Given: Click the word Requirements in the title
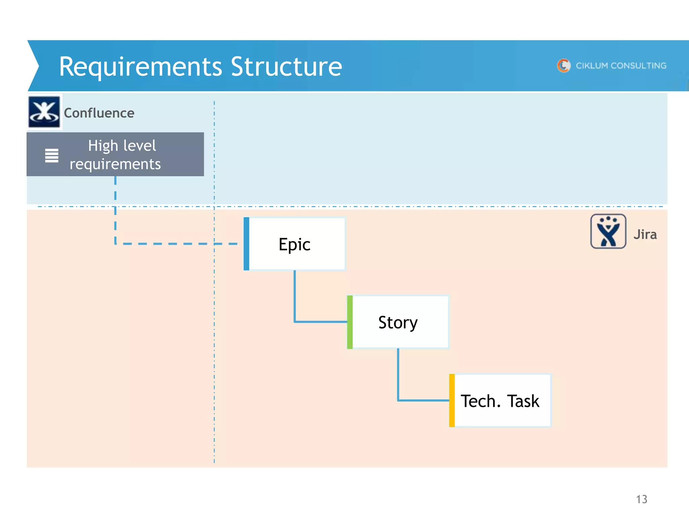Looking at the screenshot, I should click(x=140, y=67).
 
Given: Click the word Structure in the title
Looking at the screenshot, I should click(x=286, y=66).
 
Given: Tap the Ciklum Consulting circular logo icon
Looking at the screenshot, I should click(x=564, y=66).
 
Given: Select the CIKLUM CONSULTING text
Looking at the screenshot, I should click(x=621, y=66).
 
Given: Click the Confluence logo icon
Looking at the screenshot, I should click(x=44, y=112).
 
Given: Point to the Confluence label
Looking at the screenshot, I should click(x=99, y=113).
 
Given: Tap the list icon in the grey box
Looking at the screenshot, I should click(x=52, y=156).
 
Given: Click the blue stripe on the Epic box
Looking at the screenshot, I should click(x=246, y=244).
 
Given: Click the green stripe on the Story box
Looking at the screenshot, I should click(x=350, y=322).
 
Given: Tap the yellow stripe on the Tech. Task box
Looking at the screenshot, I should click(x=452, y=401).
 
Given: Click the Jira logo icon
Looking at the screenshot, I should click(x=608, y=232).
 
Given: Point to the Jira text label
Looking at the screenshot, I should click(x=645, y=235).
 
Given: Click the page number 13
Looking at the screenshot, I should click(x=641, y=499).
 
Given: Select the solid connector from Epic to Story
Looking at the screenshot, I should click(x=295, y=303).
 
